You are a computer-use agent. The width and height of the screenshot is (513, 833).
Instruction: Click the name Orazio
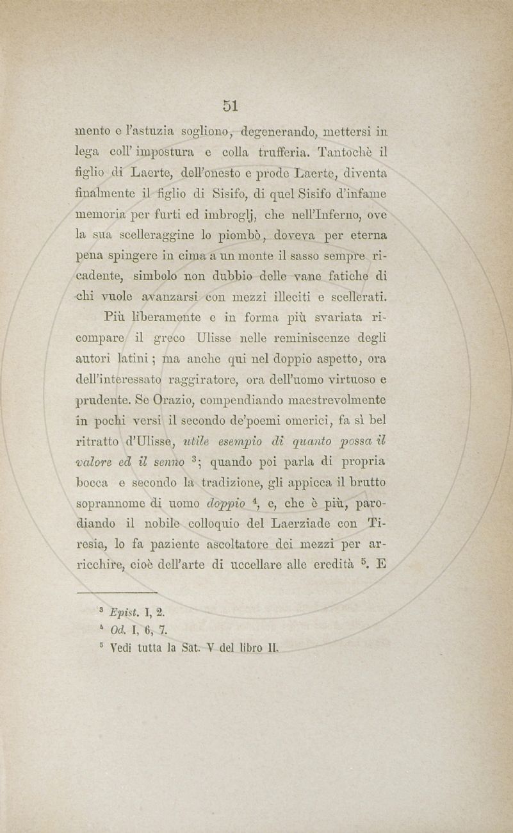[168, 399]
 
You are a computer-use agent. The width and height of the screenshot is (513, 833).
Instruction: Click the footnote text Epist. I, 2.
[138, 611]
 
